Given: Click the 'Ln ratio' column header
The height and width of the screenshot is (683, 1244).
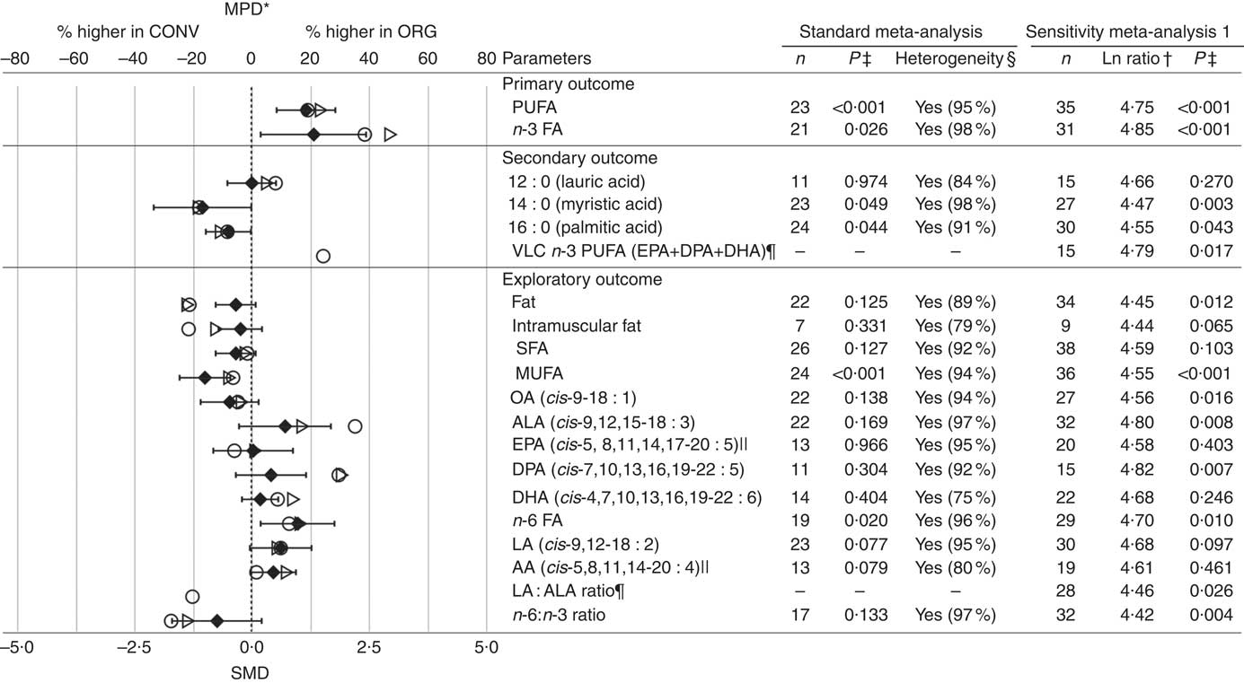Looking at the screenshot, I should [x=1131, y=59].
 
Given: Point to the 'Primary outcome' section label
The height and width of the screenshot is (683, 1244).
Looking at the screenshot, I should [x=568, y=84].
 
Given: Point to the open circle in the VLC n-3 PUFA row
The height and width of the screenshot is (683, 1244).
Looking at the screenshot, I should [x=323, y=256].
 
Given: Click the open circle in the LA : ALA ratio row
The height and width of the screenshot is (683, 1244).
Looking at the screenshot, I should [x=192, y=596].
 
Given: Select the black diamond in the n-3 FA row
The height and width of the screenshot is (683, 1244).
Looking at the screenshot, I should [x=313, y=135].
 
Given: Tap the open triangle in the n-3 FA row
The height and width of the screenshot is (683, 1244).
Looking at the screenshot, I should [x=390, y=135].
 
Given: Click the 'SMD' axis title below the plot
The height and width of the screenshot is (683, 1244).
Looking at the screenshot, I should [x=251, y=671].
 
